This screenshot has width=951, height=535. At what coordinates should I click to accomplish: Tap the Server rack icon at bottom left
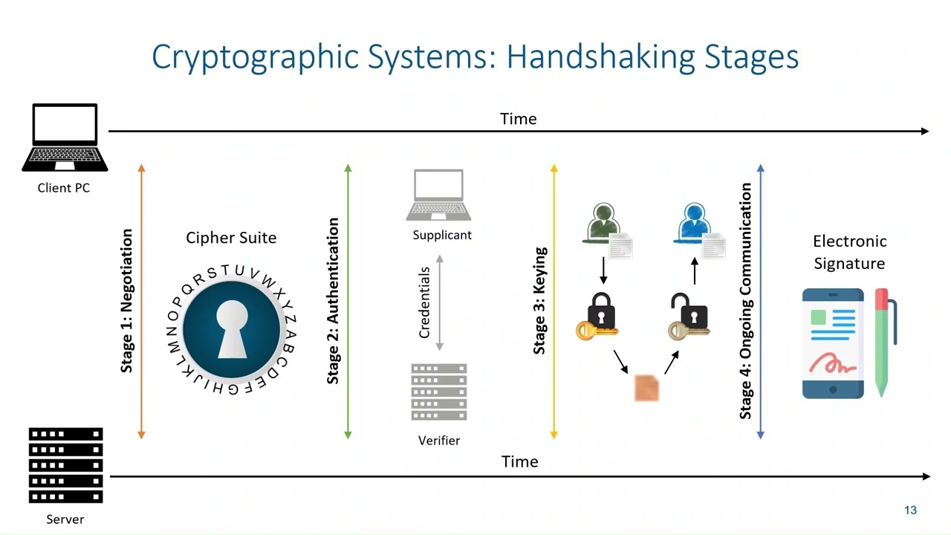[65, 465]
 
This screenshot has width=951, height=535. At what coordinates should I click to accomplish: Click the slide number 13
[910, 510]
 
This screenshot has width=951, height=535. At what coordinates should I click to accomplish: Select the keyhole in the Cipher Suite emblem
[232, 328]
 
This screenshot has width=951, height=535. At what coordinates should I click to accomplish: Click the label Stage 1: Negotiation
[127, 301]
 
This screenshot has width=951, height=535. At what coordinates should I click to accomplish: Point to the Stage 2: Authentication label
[333, 301]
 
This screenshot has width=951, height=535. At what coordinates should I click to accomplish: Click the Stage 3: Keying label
[539, 301]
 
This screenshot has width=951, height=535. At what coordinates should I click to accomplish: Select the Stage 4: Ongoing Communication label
[746, 301]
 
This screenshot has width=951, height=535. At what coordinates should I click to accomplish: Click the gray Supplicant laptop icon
[438, 195]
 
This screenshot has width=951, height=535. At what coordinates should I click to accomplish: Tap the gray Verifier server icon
[438, 392]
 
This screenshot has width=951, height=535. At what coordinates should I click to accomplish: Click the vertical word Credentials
[424, 302]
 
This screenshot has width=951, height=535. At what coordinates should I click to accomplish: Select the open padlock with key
[689, 316]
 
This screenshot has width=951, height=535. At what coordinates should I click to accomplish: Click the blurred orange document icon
[646, 389]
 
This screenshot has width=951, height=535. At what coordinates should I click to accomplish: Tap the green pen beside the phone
[883, 342]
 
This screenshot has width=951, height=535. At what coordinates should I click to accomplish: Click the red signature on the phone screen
[832, 364]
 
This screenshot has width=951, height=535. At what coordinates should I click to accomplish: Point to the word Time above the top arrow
[518, 119]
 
